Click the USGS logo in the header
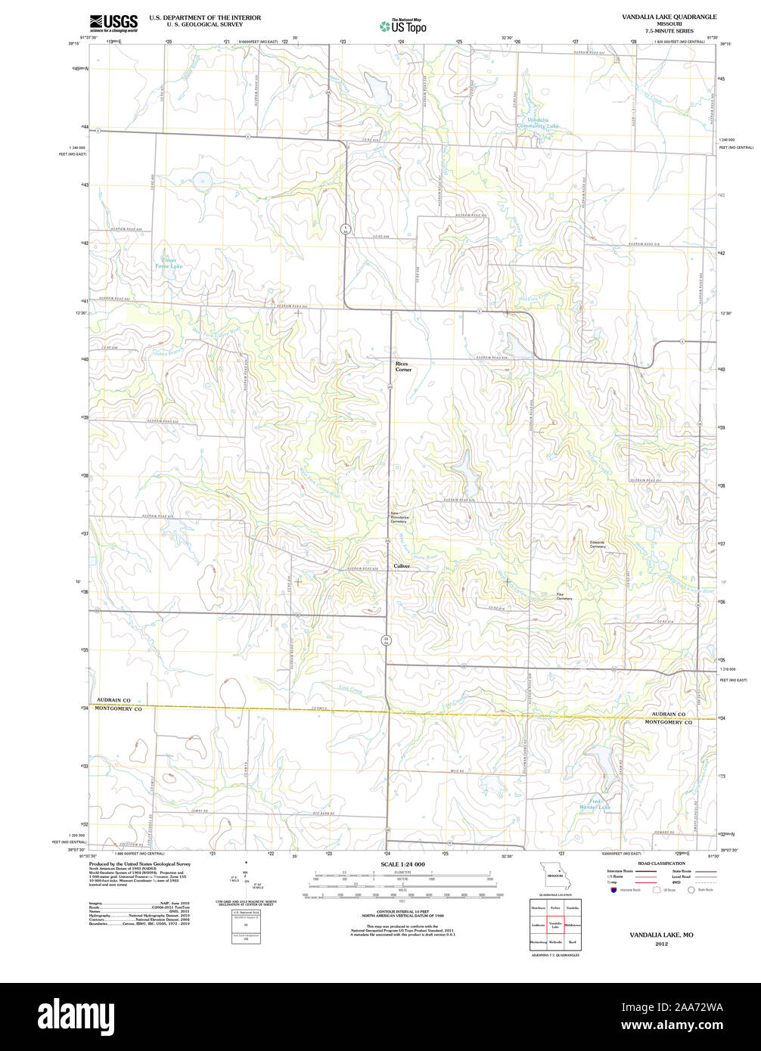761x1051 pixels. point(113,22)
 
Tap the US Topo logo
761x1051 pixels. point(403,26)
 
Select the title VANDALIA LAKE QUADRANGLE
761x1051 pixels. point(669,16)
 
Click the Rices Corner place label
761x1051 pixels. point(402,367)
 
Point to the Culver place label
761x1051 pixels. point(401,566)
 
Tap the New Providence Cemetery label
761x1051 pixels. point(399,518)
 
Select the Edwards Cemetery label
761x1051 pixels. point(598,544)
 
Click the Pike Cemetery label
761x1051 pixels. point(564,597)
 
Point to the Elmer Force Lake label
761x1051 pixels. point(168,263)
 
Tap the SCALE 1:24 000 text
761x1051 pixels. point(402,864)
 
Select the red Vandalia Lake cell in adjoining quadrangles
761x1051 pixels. point(555,925)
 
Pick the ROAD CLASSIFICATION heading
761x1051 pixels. point(660,863)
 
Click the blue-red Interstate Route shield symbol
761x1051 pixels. point(612,890)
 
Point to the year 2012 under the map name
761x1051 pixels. point(661,944)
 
